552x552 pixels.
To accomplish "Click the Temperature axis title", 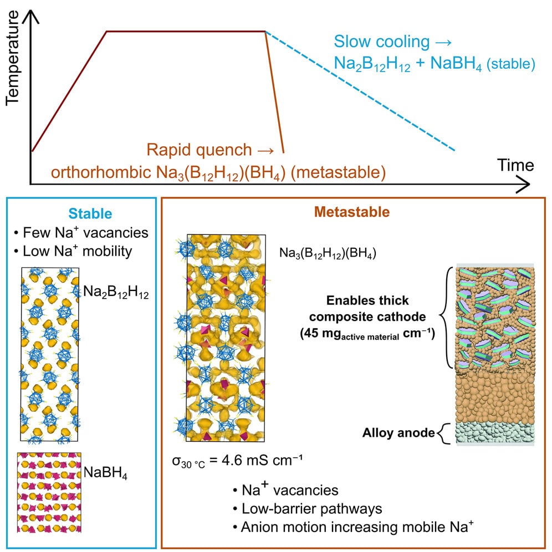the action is pos(12,58).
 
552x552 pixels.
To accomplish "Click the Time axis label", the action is pos(515,165).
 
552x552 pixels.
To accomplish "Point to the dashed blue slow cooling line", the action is pos(360,91).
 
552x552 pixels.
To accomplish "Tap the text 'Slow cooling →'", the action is pos(392,42).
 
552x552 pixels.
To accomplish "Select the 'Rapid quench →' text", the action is pos(210,150).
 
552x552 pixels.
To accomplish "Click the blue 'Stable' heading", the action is pos(90,214).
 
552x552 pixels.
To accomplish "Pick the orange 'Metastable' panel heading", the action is pos(352,212).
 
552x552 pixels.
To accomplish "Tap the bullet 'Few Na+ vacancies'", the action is pos(81,233).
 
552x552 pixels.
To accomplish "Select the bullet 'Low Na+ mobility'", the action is pos(73,251).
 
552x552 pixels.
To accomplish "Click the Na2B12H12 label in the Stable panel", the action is pos(116,293).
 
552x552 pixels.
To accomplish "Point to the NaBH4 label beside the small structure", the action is pos(106,473).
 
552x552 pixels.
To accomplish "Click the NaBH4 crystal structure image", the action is pos(49,493).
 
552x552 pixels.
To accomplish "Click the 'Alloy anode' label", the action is pos(399,433).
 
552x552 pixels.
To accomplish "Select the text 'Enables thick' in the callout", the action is pos(367,300).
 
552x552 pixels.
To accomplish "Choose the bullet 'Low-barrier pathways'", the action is pos(308,509).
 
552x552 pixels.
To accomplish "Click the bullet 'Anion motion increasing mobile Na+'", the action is pos(353,527).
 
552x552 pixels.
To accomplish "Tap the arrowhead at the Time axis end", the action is pos(525,184).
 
